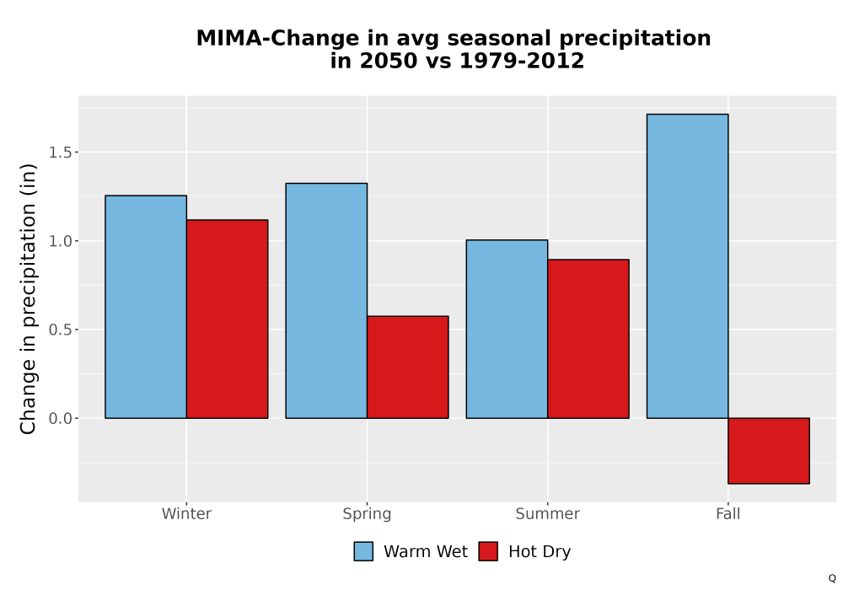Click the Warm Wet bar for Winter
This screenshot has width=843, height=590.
point(146,307)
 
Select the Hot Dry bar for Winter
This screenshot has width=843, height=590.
point(227,319)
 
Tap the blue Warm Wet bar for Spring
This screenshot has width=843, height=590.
point(326,301)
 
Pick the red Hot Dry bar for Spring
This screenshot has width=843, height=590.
point(407,367)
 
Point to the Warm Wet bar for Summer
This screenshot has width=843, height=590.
point(507,329)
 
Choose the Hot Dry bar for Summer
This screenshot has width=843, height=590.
point(588,339)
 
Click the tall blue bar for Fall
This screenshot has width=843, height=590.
point(688,266)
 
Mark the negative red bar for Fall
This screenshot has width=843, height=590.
point(769,451)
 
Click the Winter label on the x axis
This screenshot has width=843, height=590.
point(186,513)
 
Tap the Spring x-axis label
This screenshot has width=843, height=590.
point(368,514)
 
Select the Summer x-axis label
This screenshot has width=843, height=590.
point(548,513)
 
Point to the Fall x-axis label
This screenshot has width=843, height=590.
point(728,513)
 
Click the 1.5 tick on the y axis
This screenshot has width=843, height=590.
point(60,153)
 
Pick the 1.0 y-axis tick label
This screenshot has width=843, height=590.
point(60,241)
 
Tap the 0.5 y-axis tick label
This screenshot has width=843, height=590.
point(60,330)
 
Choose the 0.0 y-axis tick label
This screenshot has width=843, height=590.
point(60,418)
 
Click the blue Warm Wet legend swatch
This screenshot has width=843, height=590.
point(363,551)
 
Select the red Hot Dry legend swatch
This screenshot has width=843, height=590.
point(488,551)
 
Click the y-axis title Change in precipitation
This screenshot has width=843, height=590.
point(28,298)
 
